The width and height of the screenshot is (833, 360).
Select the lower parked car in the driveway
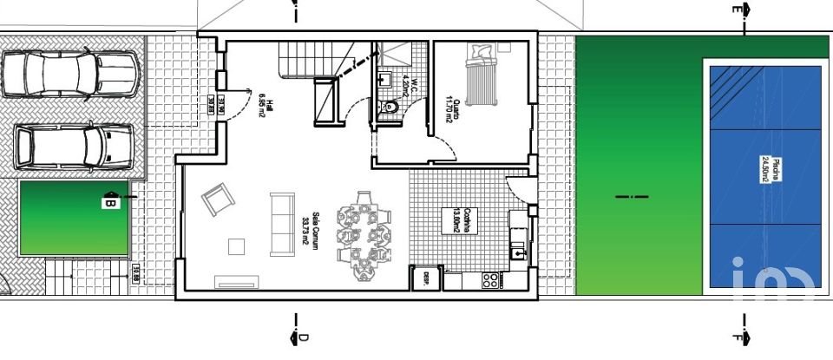75,147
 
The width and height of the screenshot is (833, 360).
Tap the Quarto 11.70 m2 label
451,111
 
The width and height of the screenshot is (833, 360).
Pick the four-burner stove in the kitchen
490,280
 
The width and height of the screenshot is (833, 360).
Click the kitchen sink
518,253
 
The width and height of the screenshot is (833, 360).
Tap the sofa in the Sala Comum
281,224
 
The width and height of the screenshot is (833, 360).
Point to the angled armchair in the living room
218,201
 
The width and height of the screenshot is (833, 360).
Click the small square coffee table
237,246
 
